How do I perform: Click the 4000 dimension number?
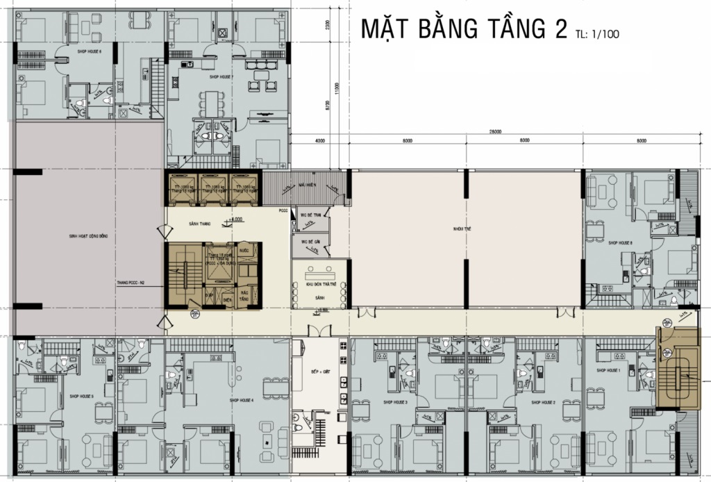319,141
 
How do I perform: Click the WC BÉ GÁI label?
309,241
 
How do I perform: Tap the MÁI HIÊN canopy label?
308,185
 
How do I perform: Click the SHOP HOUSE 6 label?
90,51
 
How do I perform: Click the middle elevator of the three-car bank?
212,188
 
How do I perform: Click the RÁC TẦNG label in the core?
244,296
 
